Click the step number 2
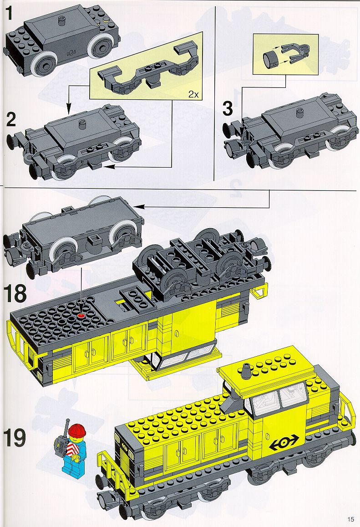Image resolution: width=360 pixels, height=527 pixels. (x=11, y=120)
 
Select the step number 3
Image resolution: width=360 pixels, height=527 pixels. (x=228, y=110)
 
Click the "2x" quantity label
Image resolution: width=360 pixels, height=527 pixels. (x=193, y=94)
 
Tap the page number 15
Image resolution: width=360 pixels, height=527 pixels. (x=351, y=519)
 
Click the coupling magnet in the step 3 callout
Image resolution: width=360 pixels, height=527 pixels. (x=271, y=58)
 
